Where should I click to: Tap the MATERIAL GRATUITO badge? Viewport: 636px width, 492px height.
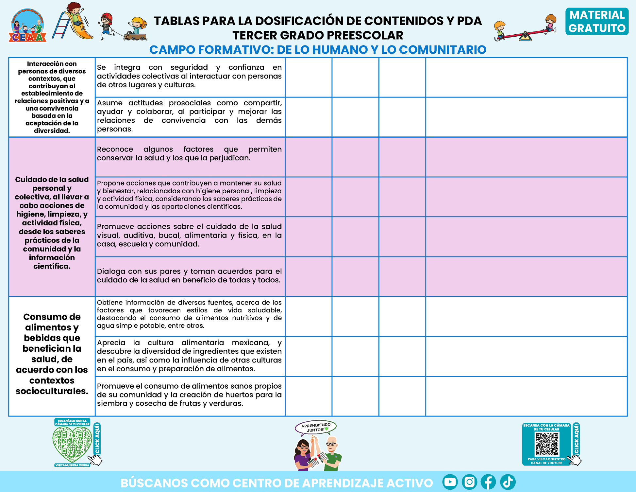(x=597, y=22)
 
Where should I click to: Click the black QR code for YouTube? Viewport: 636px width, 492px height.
(x=547, y=444)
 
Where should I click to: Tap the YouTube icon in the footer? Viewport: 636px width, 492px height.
(x=450, y=482)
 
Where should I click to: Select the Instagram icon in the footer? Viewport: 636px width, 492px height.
(x=469, y=482)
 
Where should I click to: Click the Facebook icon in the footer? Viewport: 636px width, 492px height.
(x=488, y=482)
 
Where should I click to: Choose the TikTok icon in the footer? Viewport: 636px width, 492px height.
(x=508, y=482)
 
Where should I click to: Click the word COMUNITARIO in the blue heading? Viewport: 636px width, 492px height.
(x=443, y=50)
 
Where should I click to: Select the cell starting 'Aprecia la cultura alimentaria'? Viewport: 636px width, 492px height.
(x=190, y=356)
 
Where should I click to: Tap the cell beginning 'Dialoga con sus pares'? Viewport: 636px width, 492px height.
(x=190, y=276)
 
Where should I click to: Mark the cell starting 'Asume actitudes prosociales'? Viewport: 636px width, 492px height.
(x=190, y=116)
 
